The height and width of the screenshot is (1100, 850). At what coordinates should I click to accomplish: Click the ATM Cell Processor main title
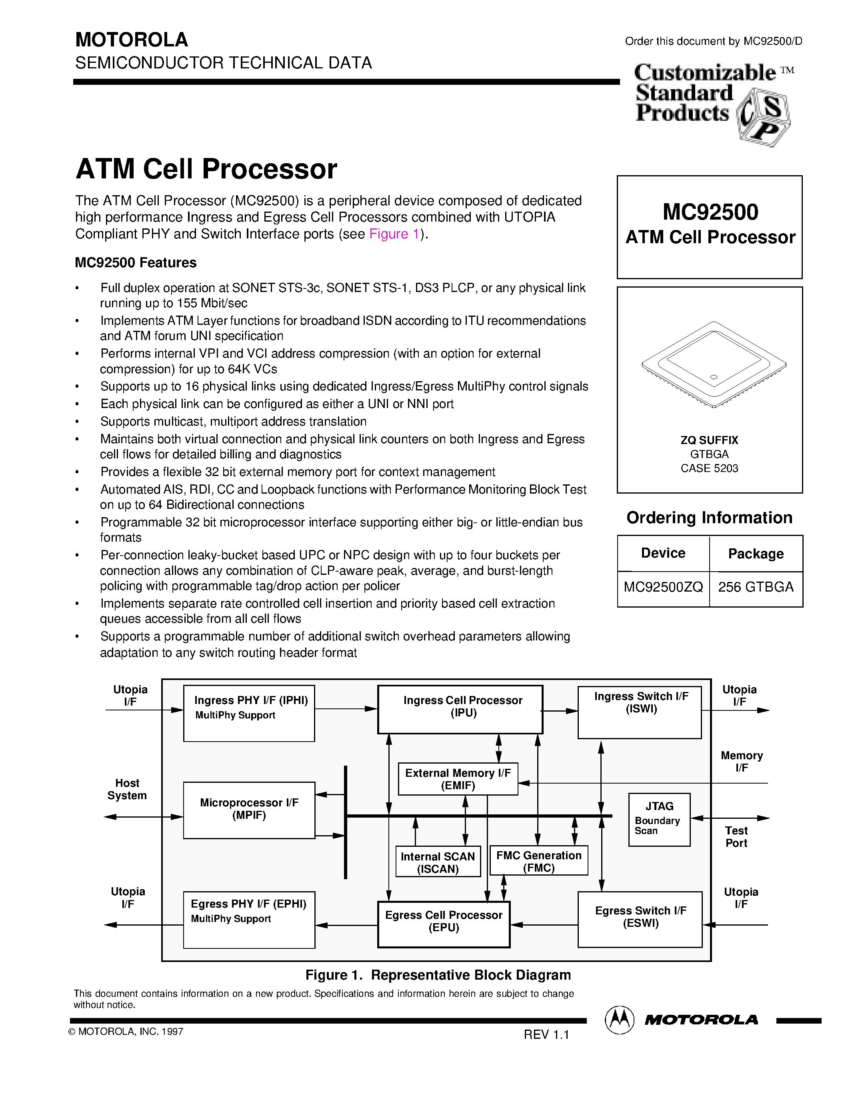point(206,169)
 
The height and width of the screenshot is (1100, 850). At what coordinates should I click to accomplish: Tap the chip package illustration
point(714,364)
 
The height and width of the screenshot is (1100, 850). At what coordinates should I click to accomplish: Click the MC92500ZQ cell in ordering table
point(663,587)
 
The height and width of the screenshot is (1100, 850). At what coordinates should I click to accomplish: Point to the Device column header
point(663,554)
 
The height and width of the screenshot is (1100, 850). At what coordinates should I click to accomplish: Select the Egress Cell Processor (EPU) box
point(444,924)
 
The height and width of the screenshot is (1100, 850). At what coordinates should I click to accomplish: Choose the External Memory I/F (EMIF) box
point(458,779)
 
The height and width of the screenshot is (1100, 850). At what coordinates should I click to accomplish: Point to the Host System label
point(127,789)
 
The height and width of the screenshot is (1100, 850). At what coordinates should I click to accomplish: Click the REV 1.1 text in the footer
point(546,1034)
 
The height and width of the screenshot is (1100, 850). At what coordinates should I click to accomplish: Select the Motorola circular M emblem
point(619,1020)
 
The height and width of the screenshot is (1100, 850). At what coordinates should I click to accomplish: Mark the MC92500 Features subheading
point(136,263)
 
